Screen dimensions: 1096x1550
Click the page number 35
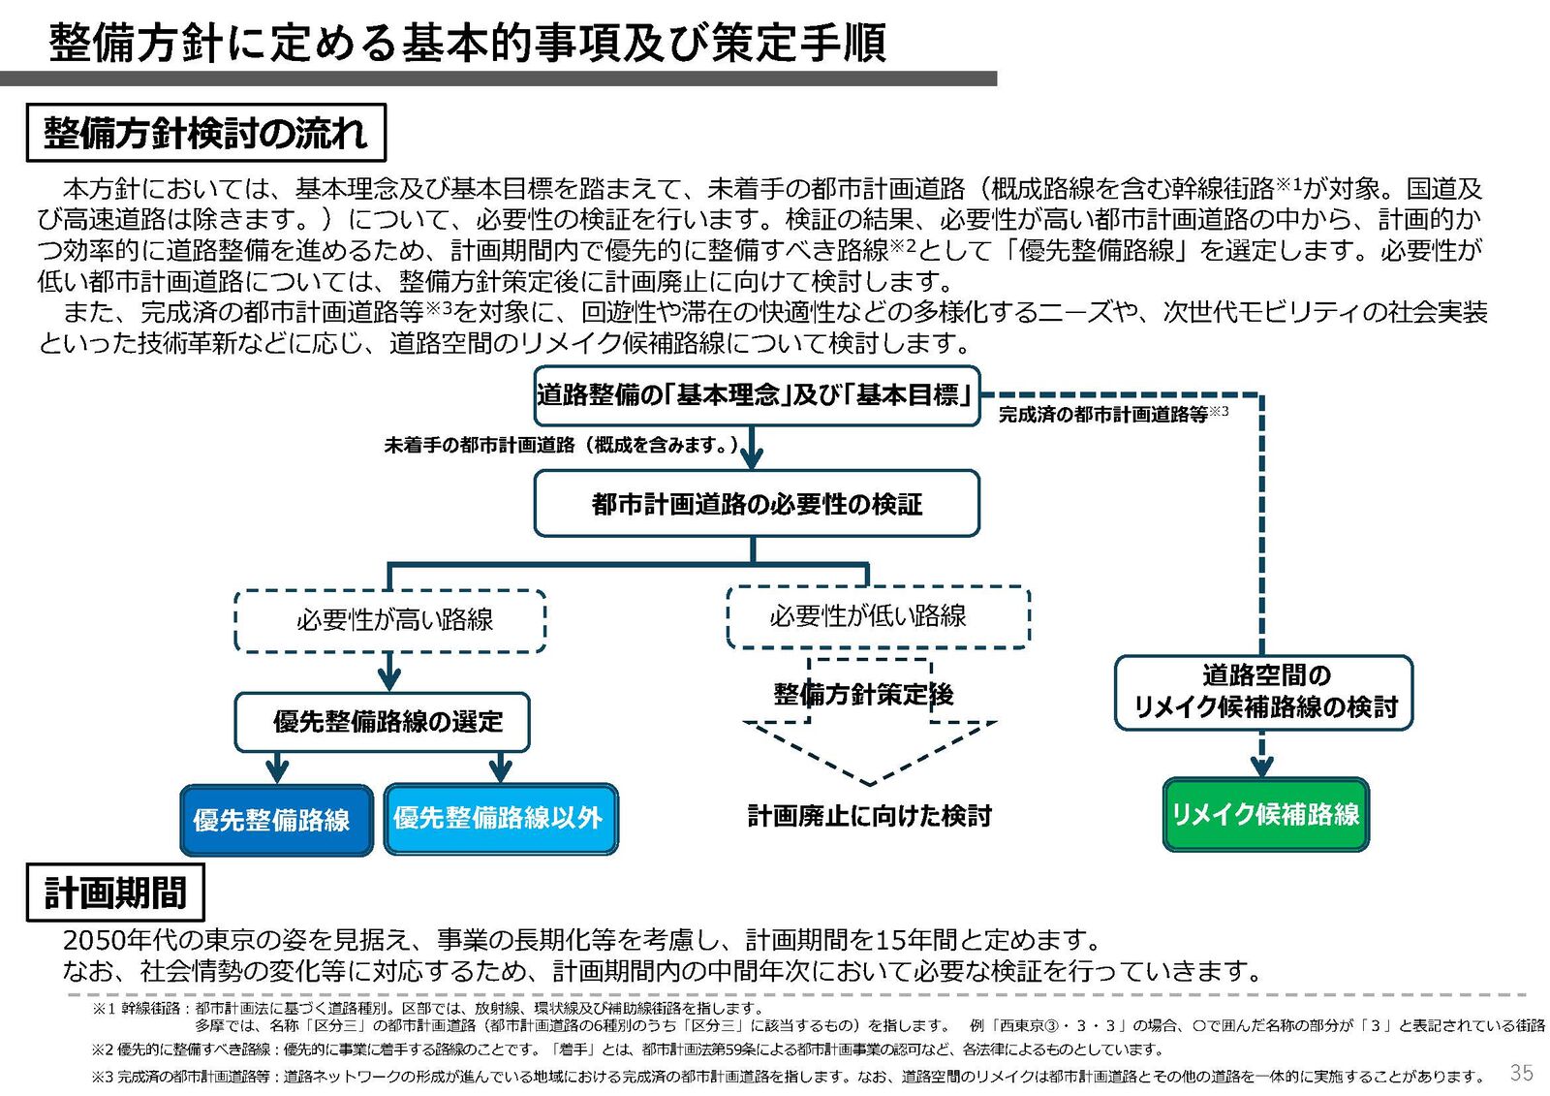click(x=1521, y=1073)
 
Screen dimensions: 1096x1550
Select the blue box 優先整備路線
click(x=276, y=820)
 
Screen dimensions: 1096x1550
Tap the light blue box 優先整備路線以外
click(x=500, y=818)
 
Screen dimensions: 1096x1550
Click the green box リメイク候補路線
click(x=1265, y=814)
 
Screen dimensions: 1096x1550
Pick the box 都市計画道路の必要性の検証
click(x=757, y=504)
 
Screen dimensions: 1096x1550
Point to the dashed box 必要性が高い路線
click(x=390, y=620)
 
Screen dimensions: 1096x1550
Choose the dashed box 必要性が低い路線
click(x=877, y=616)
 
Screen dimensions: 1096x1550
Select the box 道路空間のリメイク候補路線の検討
click(x=1263, y=692)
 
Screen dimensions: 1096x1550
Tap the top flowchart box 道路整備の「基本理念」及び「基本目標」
click(x=757, y=395)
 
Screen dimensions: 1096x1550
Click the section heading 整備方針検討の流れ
click(x=205, y=133)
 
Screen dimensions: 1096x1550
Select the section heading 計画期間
click(x=115, y=892)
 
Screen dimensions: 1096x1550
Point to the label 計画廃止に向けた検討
click(x=869, y=816)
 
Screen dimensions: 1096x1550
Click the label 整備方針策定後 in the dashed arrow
click(x=863, y=695)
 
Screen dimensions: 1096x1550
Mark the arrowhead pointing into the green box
click(x=1261, y=767)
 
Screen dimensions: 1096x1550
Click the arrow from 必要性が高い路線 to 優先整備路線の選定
click(x=389, y=672)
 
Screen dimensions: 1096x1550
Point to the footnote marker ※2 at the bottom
click(x=103, y=1049)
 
